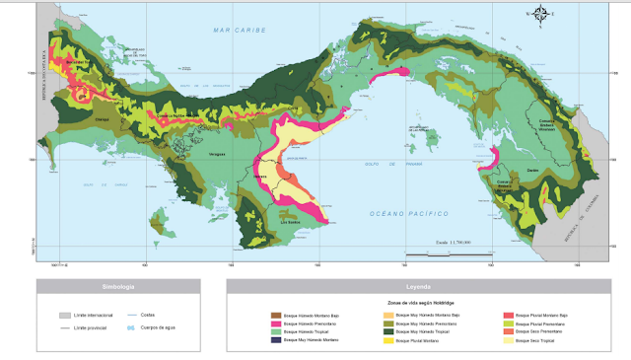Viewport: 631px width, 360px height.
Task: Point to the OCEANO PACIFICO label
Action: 409,213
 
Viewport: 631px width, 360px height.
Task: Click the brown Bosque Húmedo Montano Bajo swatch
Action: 276,315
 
